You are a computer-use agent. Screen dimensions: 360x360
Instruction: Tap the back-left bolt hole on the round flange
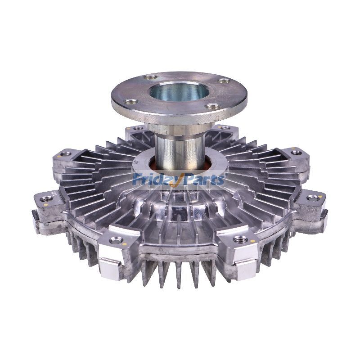pos(148,77)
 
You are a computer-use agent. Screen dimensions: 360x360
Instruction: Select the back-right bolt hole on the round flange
pos(223,81)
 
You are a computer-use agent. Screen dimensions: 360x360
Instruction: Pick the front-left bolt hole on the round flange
pos(132,102)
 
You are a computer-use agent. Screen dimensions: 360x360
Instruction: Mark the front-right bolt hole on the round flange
pos(212,107)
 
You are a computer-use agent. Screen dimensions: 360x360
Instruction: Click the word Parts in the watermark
pos(205,180)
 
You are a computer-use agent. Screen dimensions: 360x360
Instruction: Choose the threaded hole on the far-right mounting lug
pos(312,198)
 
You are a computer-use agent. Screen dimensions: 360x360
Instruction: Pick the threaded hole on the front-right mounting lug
pos(240,239)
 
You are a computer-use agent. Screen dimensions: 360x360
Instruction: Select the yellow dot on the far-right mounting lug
pos(320,197)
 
